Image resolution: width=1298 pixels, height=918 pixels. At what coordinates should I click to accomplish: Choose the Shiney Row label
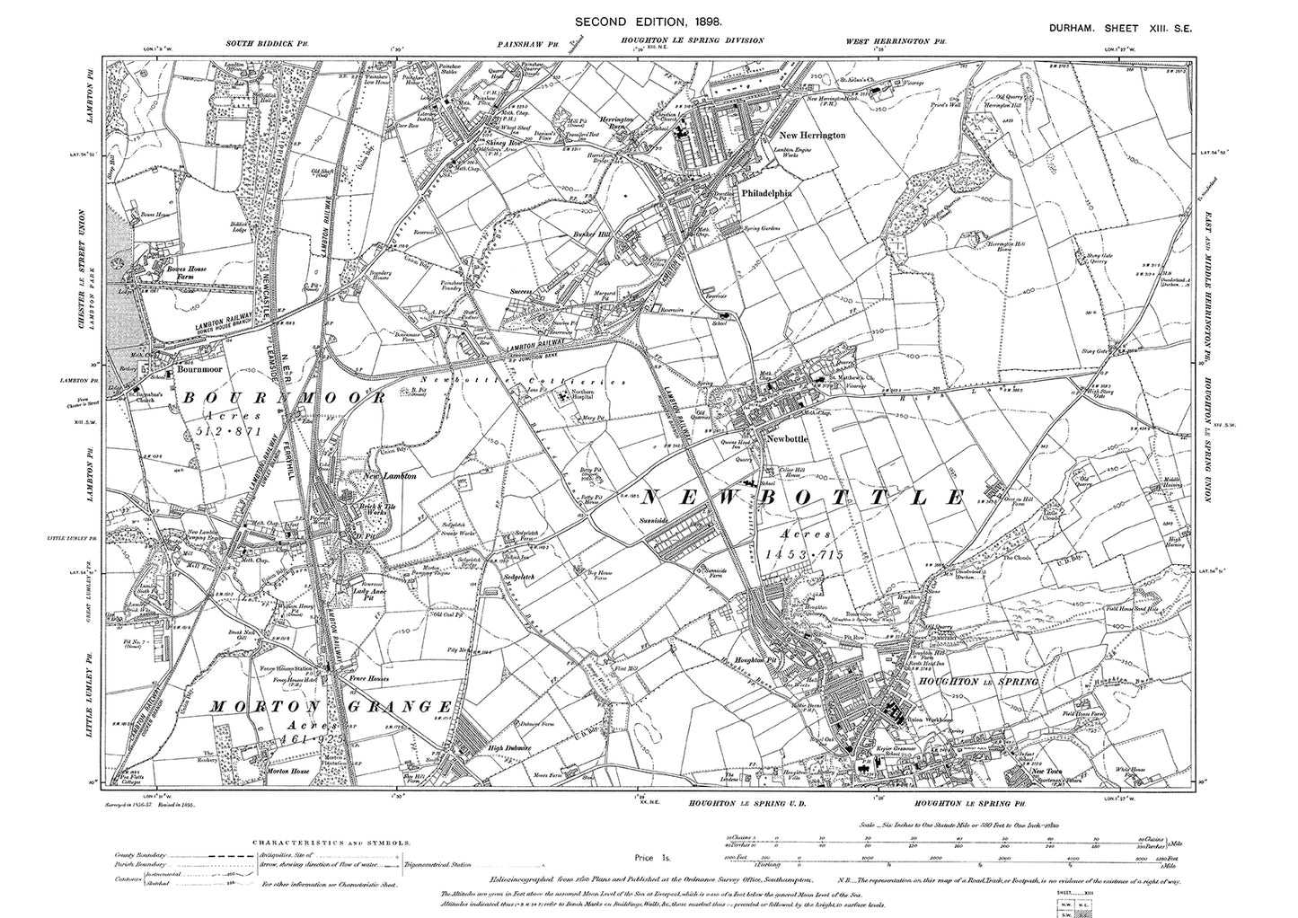point(482,141)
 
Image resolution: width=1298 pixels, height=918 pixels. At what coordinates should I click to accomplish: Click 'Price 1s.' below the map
point(649,859)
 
